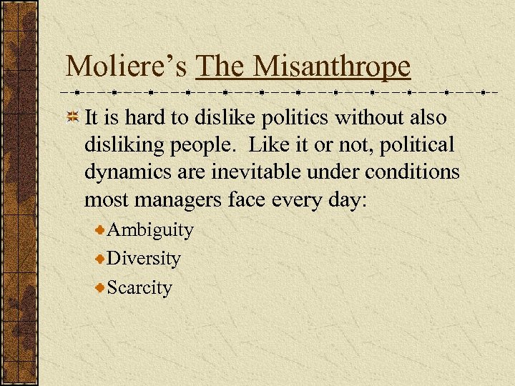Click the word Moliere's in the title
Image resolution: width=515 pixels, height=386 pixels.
pyautogui.click(x=127, y=66)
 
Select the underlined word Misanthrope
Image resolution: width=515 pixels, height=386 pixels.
pyautogui.click(x=332, y=66)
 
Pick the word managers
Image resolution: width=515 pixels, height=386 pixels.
pyautogui.click(x=181, y=200)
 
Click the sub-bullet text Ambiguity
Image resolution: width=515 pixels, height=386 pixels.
pyautogui.click(x=149, y=230)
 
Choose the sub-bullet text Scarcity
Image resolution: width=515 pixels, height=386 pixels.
pyautogui.click(x=139, y=287)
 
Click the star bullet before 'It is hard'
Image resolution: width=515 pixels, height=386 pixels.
pyautogui.click(x=72, y=117)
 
